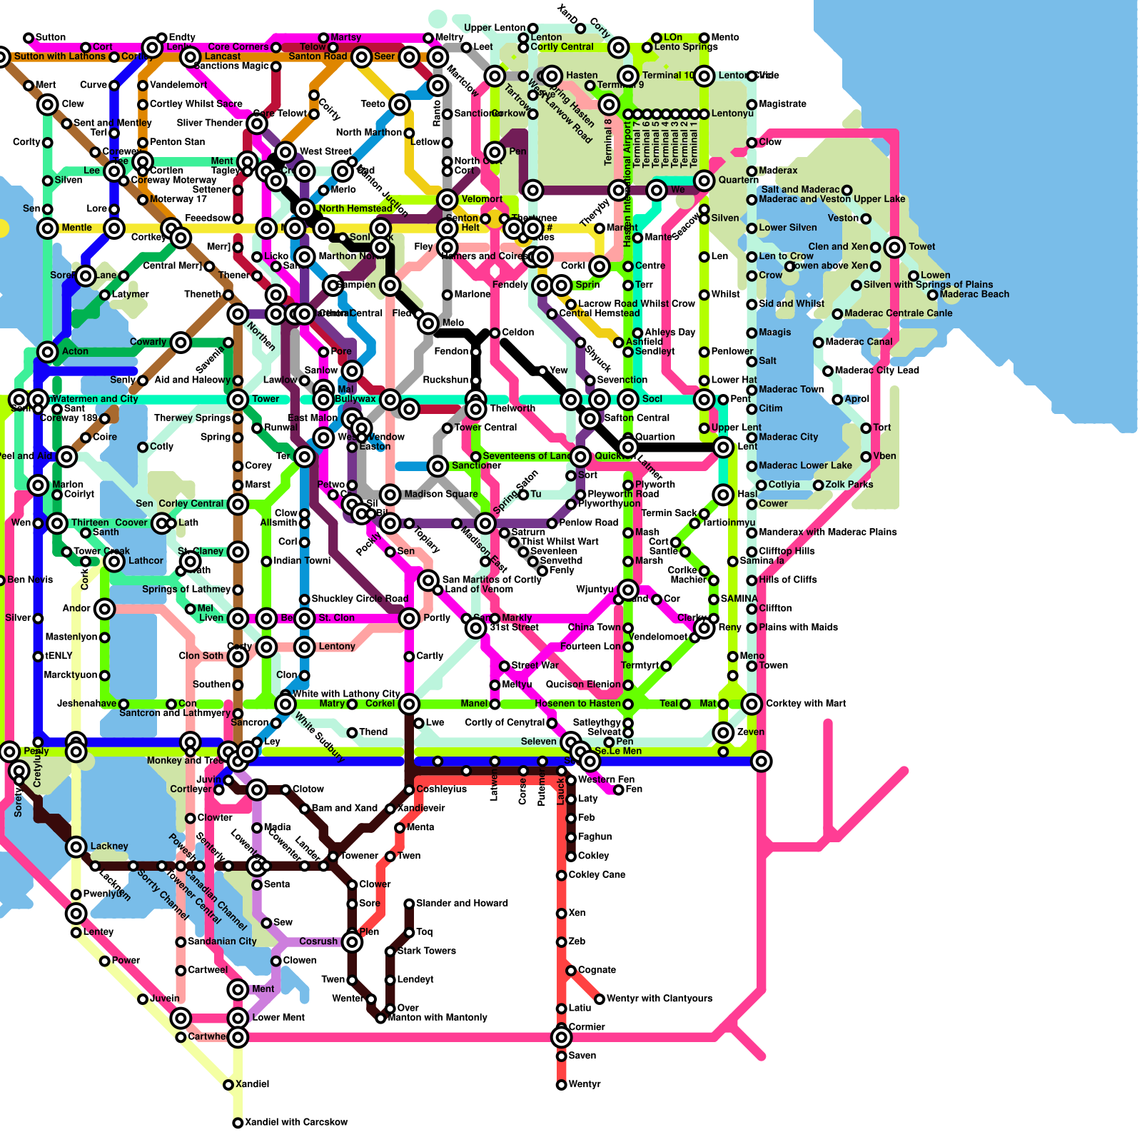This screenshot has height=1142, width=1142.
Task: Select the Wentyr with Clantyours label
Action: coord(659,999)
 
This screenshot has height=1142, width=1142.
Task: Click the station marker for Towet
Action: coord(894,247)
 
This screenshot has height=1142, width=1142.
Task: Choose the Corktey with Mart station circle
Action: coord(752,704)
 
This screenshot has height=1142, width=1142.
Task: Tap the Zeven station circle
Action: coord(723,732)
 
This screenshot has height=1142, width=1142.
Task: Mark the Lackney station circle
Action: coord(76,847)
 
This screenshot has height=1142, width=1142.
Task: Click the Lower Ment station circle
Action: coord(238,1018)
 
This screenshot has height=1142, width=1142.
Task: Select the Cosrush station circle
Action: coord(352,942)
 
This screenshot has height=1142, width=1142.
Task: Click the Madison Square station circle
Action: coord(390,494)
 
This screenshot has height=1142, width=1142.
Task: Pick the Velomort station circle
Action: coord(448,200)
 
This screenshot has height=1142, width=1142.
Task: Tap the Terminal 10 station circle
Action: coord(628,76)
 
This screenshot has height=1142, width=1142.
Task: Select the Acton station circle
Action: coord(48,351)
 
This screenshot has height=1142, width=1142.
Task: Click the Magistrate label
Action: coord(782,104)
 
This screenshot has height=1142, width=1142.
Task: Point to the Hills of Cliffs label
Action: coord(788,580)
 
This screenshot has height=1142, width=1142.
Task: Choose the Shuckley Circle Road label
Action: coord(360,599)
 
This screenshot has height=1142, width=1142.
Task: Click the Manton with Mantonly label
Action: coord(437,1018)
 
